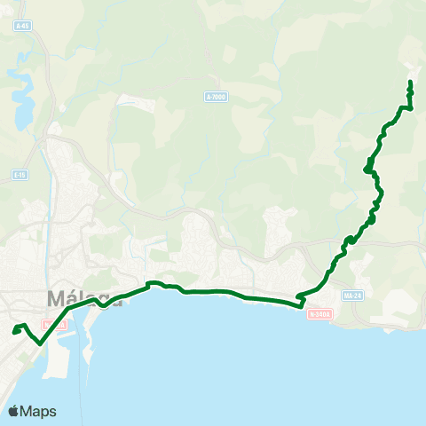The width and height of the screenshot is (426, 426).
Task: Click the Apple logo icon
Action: coord(15,411)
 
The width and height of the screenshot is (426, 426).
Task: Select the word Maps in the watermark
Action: coord(40,411)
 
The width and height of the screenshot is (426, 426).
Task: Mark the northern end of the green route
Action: coord(410,83)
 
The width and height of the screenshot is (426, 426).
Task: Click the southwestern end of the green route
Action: coord(14,332)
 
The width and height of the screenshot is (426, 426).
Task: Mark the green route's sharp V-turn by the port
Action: coord(40,343)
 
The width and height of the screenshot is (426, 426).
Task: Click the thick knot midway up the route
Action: coord(367,167)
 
